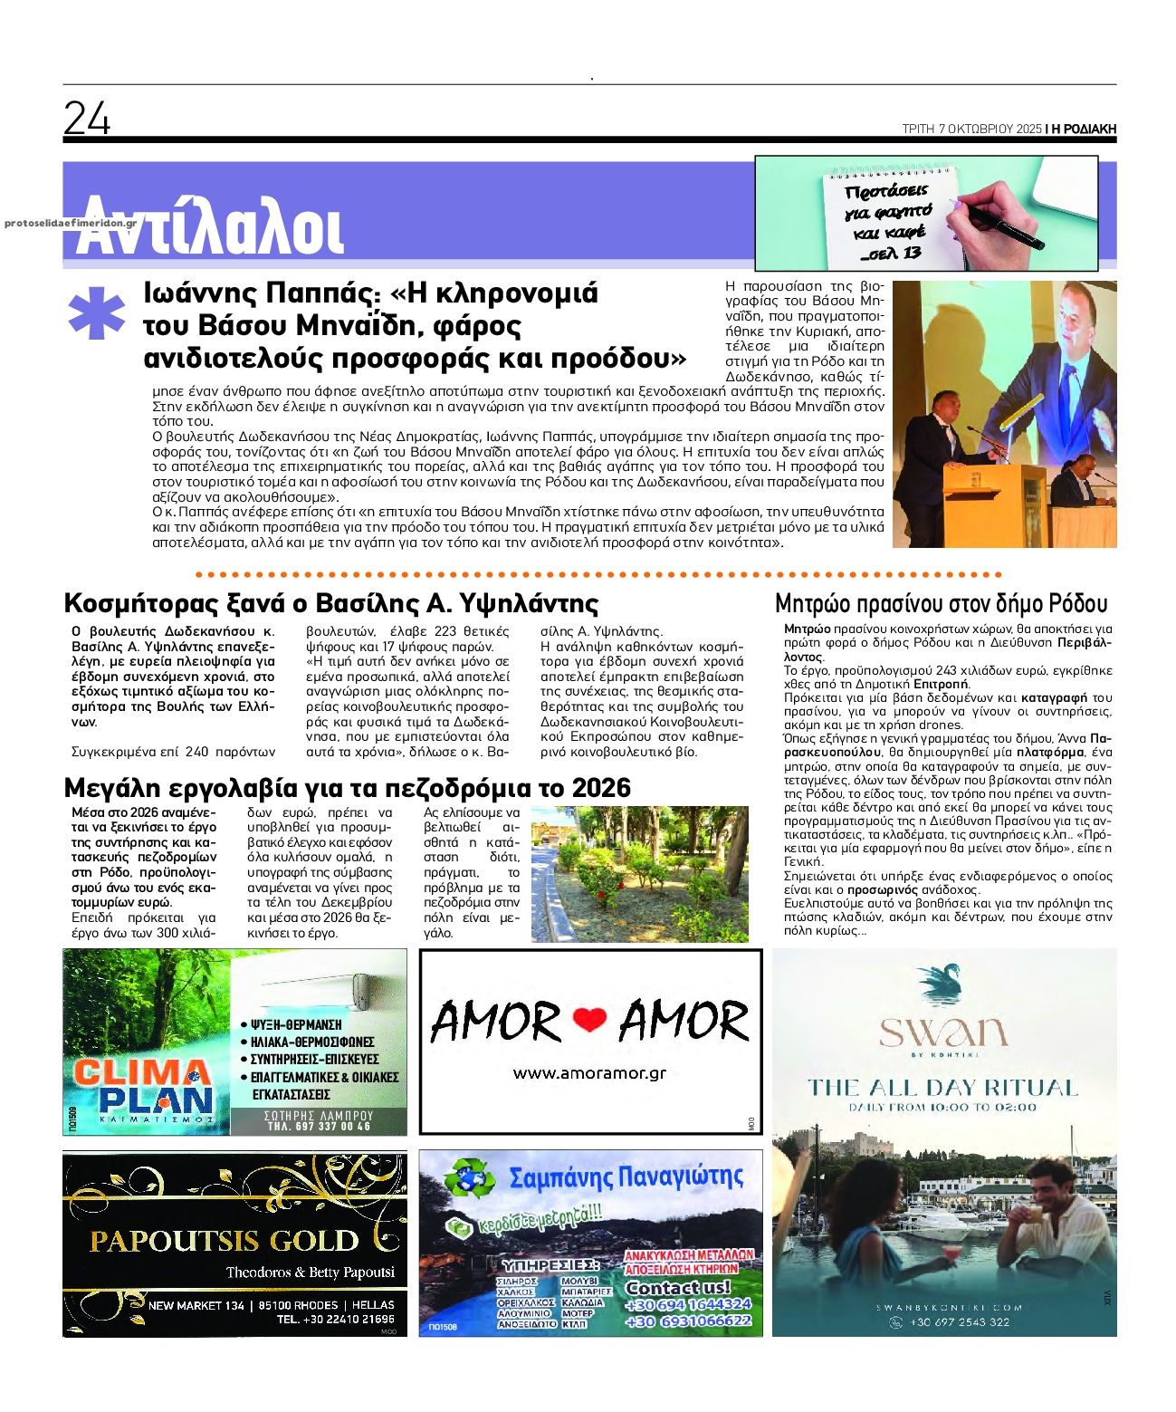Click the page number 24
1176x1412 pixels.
pyautogui.click(x=87, y=119)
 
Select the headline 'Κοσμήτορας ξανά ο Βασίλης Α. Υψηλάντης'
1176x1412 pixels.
pyautogui.click(x=331, y=604)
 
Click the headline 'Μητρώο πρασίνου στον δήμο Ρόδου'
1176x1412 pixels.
pyautogui.click(x=941, y=604)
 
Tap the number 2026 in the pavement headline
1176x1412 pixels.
pyautogui.click(x=595, y=788)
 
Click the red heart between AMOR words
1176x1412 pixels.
pyautogui.click(x=590, y=1021)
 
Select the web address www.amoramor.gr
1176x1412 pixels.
pyautogui.click(x=589, y=1073)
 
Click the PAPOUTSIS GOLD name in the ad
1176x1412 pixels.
pyautogui.click(x=225, y=1240)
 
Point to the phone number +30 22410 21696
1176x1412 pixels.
pyautogui.click(x=336, y=1320)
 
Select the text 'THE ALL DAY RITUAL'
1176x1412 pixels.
pyautogui.click(x=942, y=1088)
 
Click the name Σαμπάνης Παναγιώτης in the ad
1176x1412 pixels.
pyautogui.click(x=626, y=1177)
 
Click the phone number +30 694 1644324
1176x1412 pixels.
pyautogui.click(x=688, y=1304)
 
